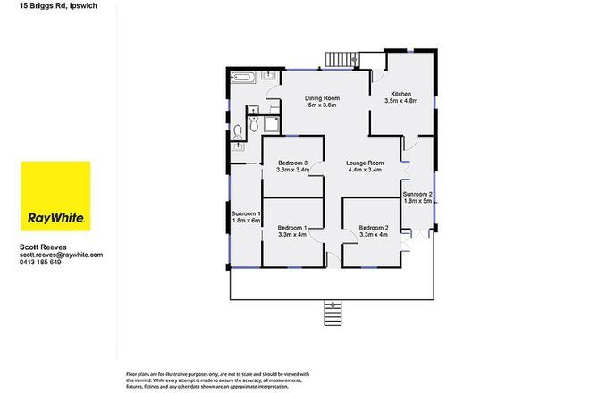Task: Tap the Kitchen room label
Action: click(x=400, y=94)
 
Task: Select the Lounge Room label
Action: click(x=365, y=163)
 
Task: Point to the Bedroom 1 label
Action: click(x=291, y=229)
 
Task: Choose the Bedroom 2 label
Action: click(x=374, y=229)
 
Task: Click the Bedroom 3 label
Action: click(x=291, y=163)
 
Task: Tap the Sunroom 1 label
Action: click(x=244, y=214)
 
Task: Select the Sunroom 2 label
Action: click(x=417, y=194)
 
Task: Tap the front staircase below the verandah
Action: click(x=332, y=314)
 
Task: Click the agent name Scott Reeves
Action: click(x=42, y=247)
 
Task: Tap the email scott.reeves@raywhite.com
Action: click(x=61, y=255)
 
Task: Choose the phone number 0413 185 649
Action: click(x=40, y=263)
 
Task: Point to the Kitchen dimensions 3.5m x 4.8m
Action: click(x=400, y=102)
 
